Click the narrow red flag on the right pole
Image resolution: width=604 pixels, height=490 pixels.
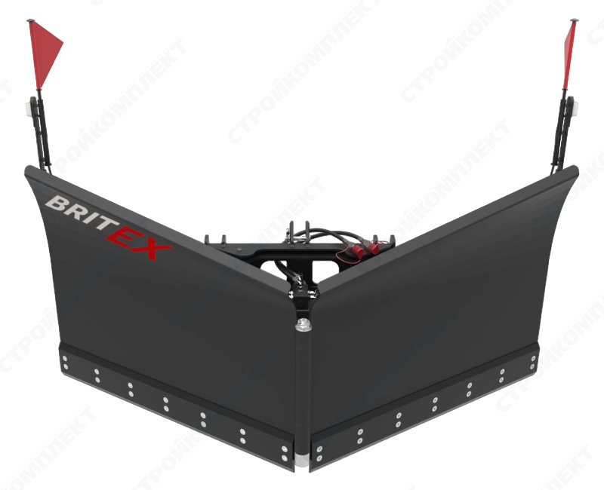coord(569,54)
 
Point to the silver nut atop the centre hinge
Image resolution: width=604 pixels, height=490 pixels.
coord(304,325)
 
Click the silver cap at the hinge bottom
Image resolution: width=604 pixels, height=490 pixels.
coord(303,461)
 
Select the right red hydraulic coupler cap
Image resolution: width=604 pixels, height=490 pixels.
coord(372,248)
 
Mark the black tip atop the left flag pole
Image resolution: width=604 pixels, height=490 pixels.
coord(31,20)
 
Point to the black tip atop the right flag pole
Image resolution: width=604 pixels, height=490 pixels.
coord(574,20)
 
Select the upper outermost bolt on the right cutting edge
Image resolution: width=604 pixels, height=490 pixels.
coord(533,358)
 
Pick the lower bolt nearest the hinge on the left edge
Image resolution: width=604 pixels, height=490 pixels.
coord(285,458)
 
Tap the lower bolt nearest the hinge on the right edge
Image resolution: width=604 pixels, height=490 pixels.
coord(319,458)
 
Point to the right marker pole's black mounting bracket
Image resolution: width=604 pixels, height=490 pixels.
coord(562,133)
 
